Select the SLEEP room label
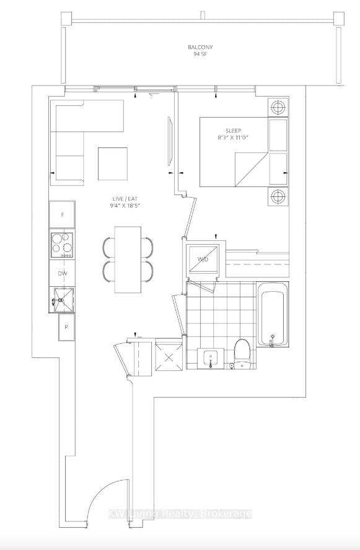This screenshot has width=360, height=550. [x=233, y=131]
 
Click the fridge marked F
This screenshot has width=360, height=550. [x=62, y=214]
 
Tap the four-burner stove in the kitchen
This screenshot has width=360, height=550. [x=62, y=244]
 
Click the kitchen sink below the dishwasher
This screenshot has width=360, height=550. [x=62, y=299]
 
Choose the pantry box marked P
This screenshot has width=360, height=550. [x=66, y=327]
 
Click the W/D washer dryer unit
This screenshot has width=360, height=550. [x=201, y=259]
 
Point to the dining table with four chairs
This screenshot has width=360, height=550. [x=127, y=260]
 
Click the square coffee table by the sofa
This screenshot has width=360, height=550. [x=113, y=163]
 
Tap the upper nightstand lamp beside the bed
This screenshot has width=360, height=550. [x=278, y=107]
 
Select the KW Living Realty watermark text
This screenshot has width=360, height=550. [x=180, y=513]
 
